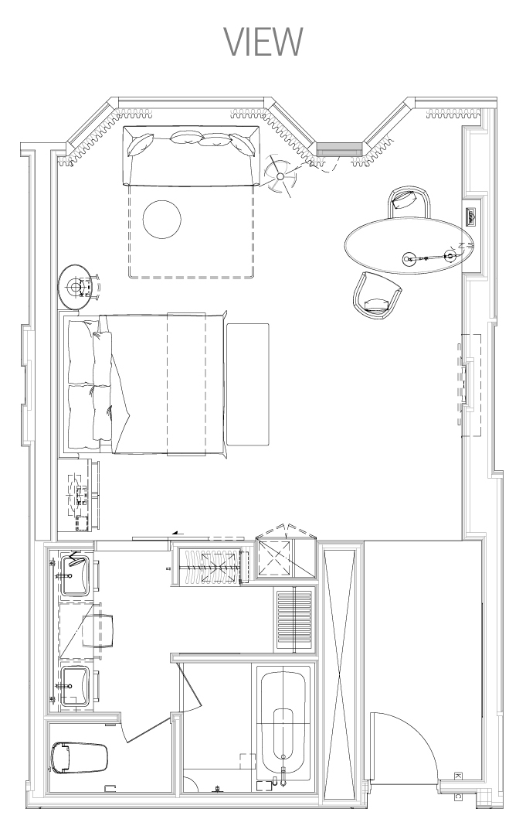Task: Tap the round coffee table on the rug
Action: tap(162, 219)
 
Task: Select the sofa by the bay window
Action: tap(191, 155)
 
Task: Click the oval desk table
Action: tap(409, 245)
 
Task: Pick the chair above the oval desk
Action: tap(409, 203)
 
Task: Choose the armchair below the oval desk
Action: tap(377, 295)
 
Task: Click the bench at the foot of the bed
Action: tap(248, 384)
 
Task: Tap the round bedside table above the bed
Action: tap(78, 287)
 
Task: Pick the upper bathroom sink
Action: tap(74, 575)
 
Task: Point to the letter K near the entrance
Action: tap(457, 776)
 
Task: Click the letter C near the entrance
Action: tap(458, 797)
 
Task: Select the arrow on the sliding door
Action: tap(178, 532)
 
